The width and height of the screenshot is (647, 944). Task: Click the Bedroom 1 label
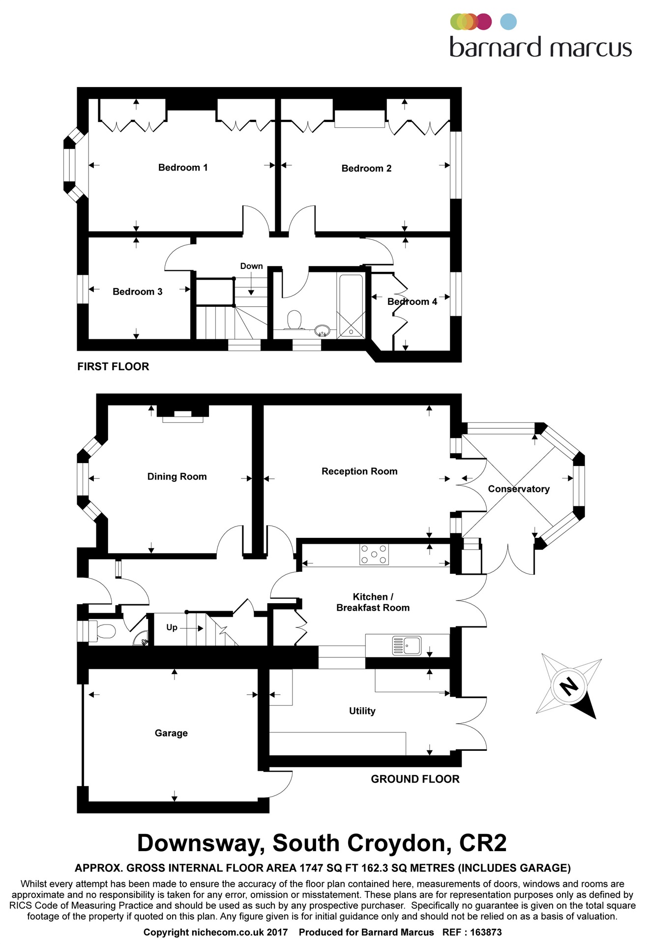pos(183,168)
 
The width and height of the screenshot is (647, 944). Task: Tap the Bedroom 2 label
pos(366,169)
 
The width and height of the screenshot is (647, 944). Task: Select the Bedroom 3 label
pos(137,292)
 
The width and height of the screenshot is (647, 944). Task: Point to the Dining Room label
pos(177,476)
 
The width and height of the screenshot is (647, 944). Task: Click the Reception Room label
pos(359,472)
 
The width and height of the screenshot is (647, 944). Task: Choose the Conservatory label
pos(519,489)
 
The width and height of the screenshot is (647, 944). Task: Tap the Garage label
pos(171,733)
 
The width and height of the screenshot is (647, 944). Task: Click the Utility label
pos(362,711)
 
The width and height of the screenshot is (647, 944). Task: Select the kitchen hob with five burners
pos(374,554)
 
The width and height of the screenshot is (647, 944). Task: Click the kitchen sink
pos(407,645)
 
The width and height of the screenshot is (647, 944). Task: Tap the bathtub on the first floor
pos(351,306)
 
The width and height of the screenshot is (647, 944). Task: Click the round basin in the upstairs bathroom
pos(322,330)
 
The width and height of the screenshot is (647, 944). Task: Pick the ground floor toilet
pos(103,631)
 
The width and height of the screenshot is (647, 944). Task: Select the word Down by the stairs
pos(251,266)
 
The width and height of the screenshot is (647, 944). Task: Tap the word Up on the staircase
pos(172,627)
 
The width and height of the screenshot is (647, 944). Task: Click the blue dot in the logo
pos(508,22)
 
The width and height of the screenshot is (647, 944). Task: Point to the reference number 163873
pos(486,932)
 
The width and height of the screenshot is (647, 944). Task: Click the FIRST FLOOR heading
pos(113,366)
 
